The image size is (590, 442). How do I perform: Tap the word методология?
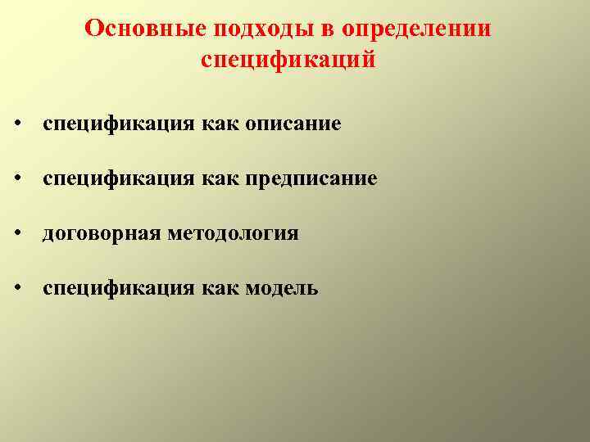[233, 234]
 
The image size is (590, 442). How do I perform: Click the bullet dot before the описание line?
[16, 125]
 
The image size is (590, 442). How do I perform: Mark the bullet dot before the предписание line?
[16, 179]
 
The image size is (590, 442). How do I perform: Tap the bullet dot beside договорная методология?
[16, 235]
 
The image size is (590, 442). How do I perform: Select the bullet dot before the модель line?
[16, 289]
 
